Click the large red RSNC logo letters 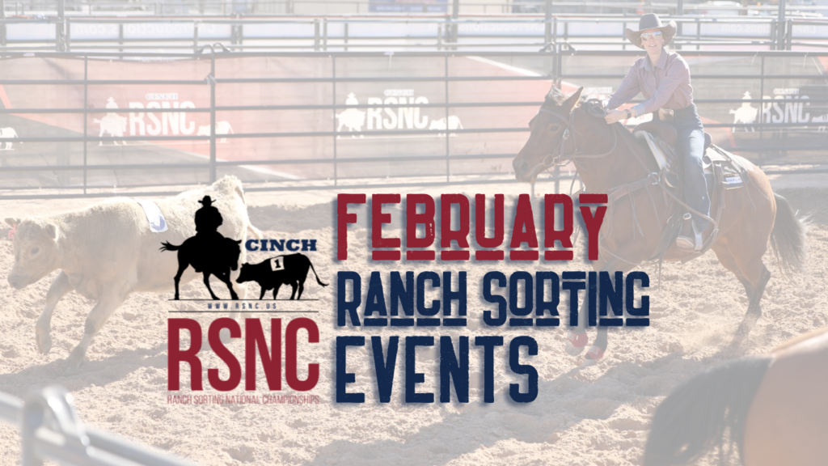click(x=243, y=354)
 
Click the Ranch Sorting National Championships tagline click(x=243, y=399)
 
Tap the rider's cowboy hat click(x=650, y=29)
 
